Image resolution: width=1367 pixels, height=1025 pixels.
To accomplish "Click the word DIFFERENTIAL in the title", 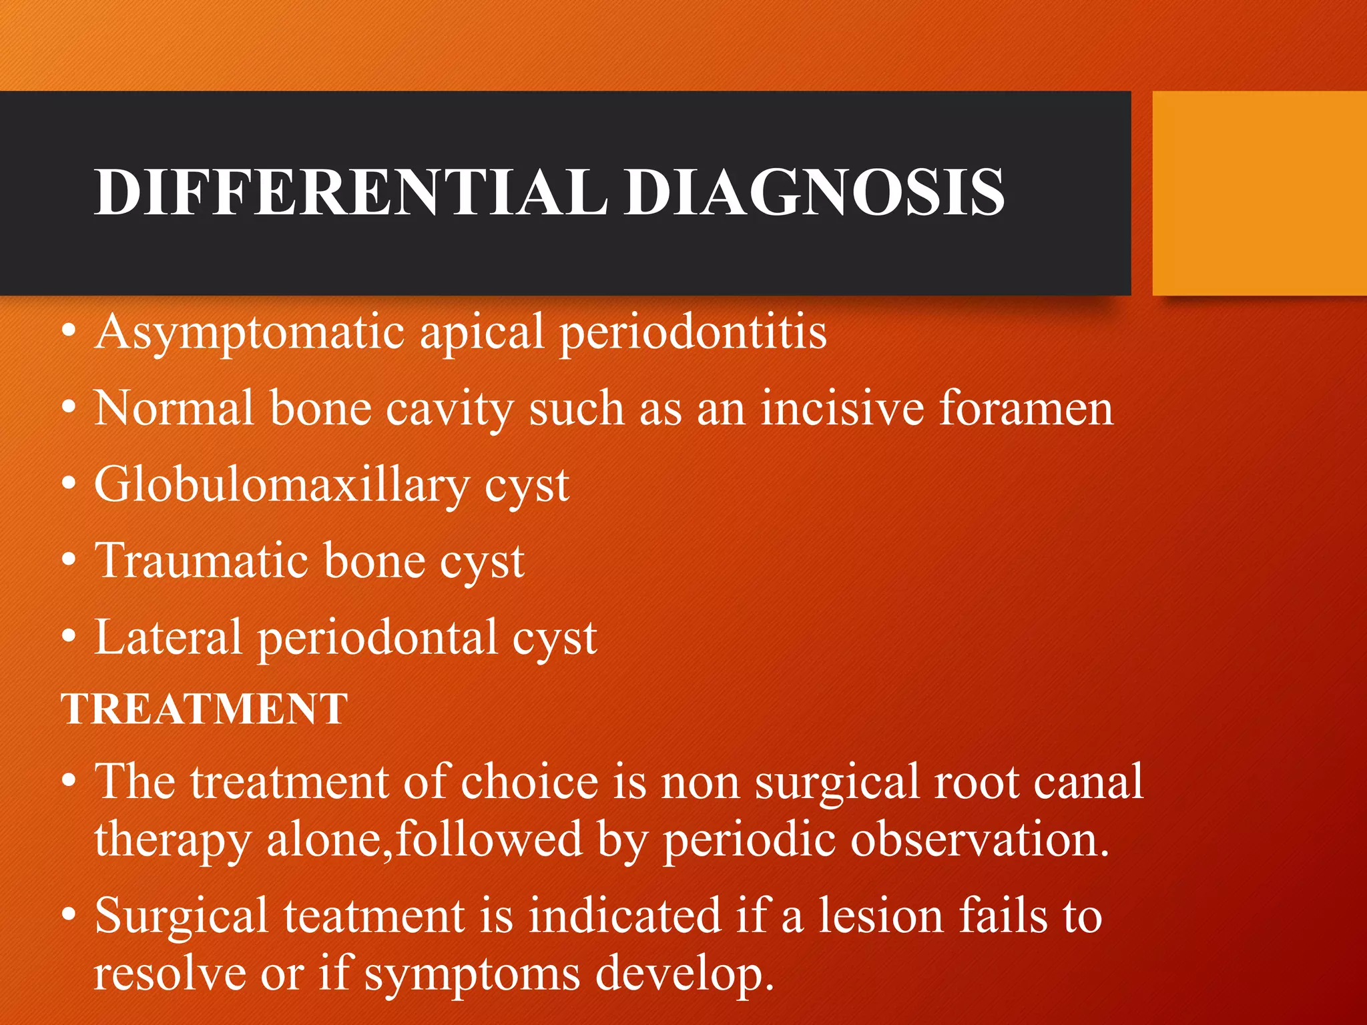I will pyautogui.click(x=350, y=192).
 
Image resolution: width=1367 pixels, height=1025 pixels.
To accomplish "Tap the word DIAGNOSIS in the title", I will pyautogui.click(x=814, y=192).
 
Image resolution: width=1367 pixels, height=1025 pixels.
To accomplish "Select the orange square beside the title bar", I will pyautogui.click(x=1259, y=194).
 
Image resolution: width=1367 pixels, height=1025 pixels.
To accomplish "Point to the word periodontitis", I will pyautogui.click(x=693, y=332).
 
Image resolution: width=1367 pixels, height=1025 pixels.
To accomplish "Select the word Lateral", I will pyautogui.click(x=168, y=637).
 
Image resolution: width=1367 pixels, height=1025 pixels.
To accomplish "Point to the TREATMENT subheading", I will pyautogui.click(x=204, y=709).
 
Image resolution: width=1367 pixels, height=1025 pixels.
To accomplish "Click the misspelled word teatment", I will pyautogui.click(x=374, y=916).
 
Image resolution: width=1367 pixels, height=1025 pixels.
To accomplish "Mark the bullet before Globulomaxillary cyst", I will pyautogui.click(x=69, y=485).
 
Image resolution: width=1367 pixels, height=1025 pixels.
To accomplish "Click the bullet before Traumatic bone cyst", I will pyautogui.click(x=69, y=561).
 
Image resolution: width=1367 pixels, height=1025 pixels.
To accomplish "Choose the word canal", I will pyautogui.click(x=1088, y=781).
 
